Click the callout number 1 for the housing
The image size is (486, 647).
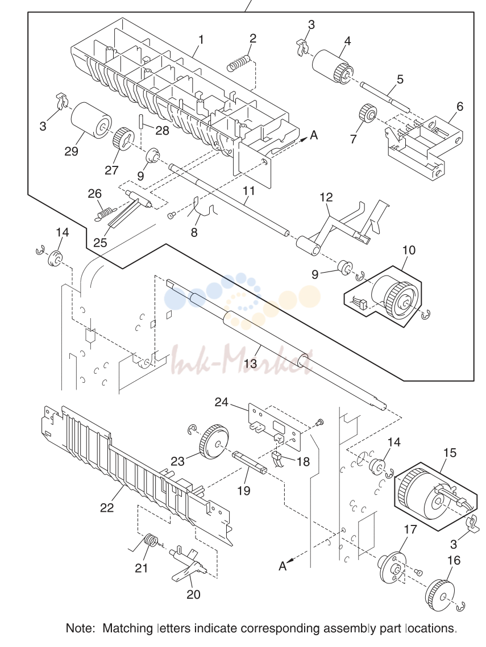[201, 40]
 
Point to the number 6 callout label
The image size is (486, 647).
[460, 106]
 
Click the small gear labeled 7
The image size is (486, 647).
[367, 114]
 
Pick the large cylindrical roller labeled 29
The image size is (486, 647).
[91, 120]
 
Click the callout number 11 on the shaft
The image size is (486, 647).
[248, 191]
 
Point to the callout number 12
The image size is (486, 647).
[326, 197]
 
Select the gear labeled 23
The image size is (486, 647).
[214, 443]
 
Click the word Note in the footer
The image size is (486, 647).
[80, 628]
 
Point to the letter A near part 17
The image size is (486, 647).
[283, 566]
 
